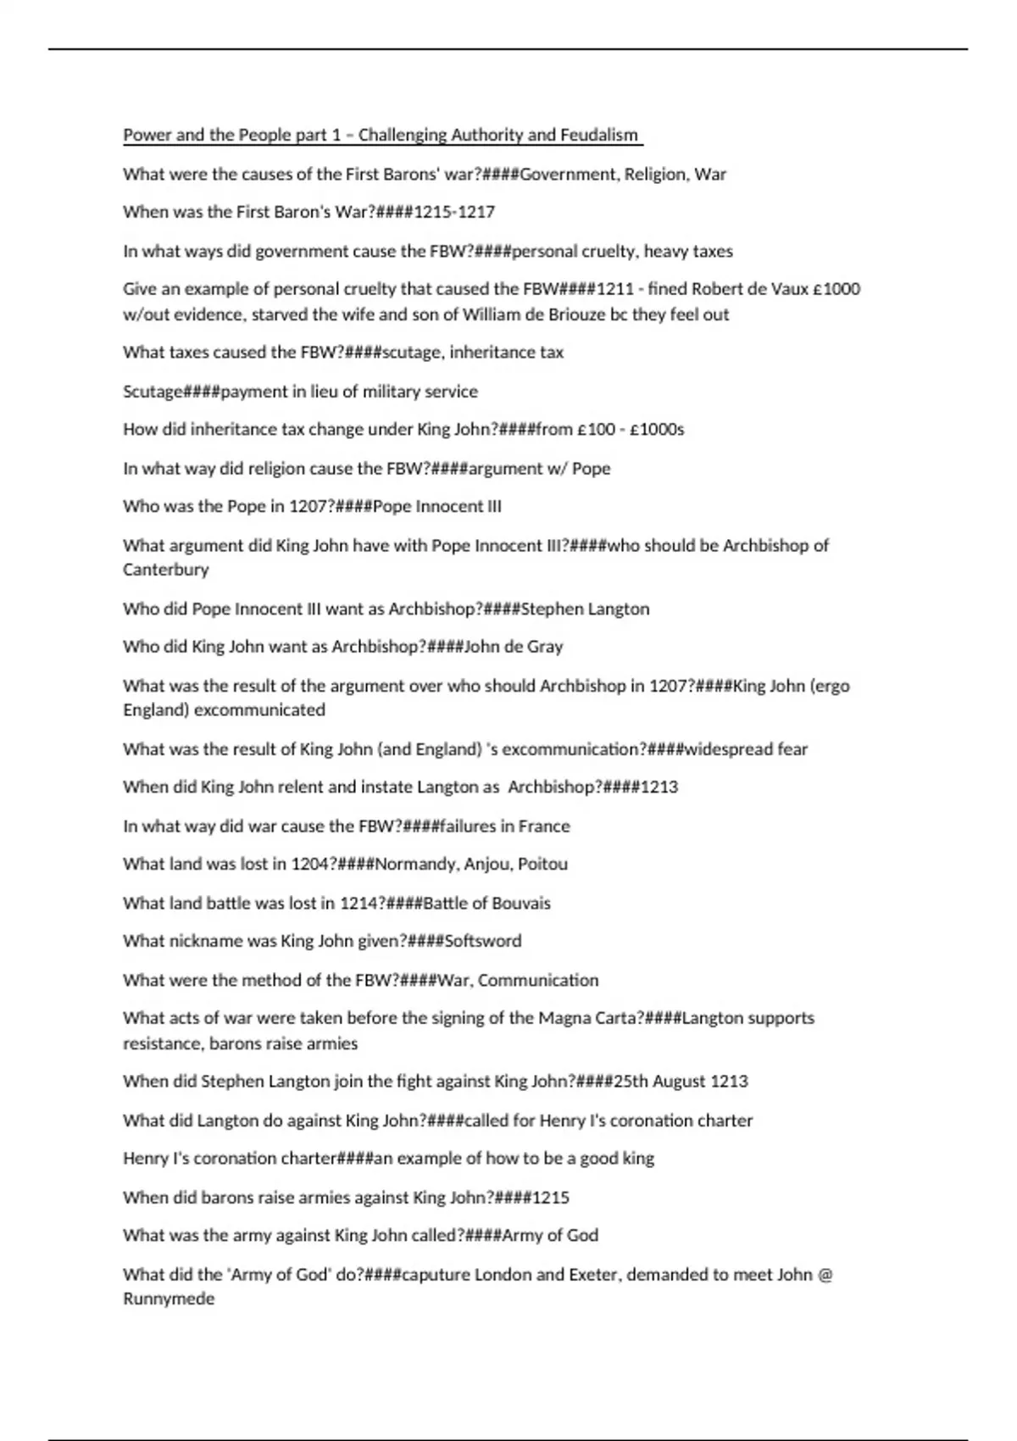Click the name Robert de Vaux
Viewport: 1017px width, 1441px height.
[743, 289]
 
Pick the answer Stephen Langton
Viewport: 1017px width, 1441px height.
[585, 609]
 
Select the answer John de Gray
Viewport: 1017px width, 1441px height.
[514, 647]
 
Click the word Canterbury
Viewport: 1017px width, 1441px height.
[166, 570]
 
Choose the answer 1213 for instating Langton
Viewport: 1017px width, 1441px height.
[659, 787]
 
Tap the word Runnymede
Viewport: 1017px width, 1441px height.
[169, 1299]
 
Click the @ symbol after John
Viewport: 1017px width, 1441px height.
[825, 1274]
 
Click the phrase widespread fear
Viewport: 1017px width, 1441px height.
[746, 749]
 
